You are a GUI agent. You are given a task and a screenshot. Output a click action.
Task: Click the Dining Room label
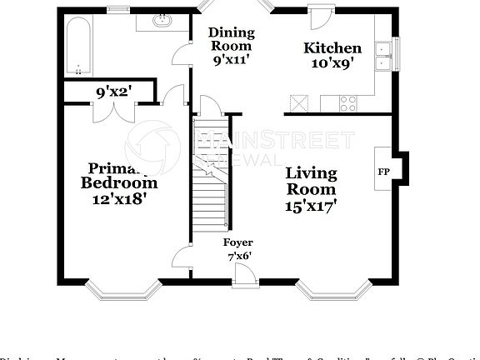[x=231, y=46]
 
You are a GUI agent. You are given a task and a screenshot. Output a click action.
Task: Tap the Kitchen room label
[x=332, y=55]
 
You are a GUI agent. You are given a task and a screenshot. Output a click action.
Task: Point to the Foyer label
[x=237, y=242]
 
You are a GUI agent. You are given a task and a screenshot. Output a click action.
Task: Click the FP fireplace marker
[x=384, y=172]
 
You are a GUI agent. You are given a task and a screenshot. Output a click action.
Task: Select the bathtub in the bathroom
[x=77, y=47]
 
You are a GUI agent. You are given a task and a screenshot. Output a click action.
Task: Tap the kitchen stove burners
[x=347, y=103]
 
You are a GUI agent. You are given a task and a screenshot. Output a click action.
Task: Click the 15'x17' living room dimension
[x=311, y=204]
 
